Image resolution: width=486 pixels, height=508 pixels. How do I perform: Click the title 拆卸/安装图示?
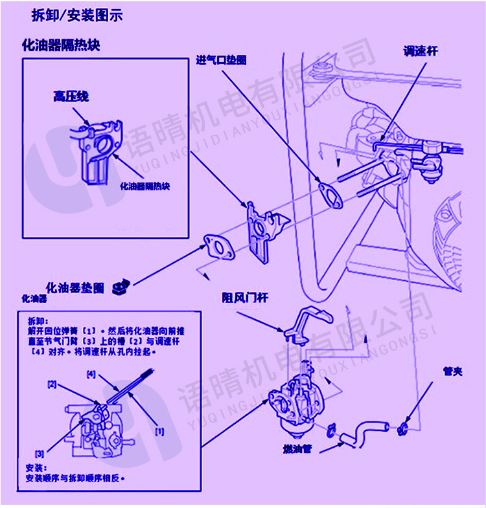[x=76, y=14]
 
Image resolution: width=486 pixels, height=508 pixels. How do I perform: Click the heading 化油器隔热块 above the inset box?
[x=61, y=45]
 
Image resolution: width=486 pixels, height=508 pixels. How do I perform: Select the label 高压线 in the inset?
[x=71, y=96]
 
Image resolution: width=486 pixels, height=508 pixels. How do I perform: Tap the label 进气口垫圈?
[x=222, y=60]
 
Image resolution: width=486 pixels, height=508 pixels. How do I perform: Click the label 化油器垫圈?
[x=75, y=287]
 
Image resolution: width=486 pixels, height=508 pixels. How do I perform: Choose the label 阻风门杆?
[x=245, y=297]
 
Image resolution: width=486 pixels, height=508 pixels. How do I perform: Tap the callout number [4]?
[x=91, y=374]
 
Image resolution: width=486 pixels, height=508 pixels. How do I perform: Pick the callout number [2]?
[x=52, y=384]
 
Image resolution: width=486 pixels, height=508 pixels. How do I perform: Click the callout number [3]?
[x=40, y=452]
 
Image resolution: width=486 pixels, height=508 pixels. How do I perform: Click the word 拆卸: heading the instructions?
[x=36, y=320]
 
